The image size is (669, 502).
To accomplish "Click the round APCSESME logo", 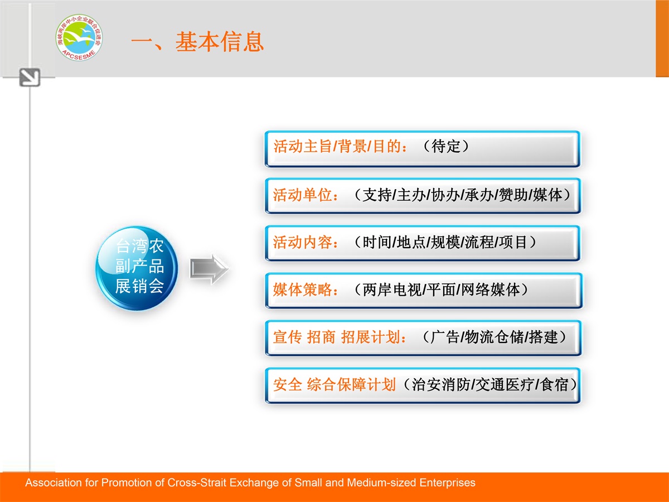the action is point(79,37).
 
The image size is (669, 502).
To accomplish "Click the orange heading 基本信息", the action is point(220,42).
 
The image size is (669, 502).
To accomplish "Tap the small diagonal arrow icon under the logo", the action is point(30,78).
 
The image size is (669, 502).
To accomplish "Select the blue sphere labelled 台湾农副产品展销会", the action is point(137,268).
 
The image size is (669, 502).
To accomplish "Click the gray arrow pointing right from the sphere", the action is point(209,269).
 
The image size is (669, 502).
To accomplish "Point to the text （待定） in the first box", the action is point(446,146).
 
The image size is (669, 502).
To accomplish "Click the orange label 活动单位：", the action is point(306,195).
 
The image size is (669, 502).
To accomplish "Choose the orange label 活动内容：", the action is point(306,243).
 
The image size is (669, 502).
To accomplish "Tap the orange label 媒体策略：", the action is point(306,289).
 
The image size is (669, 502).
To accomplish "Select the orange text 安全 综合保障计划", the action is point(334,385).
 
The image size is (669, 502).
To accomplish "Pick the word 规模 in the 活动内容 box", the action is point(445,243).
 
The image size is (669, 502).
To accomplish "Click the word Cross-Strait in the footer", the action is point(197,483).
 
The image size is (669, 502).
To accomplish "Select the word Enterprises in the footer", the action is point(448,483).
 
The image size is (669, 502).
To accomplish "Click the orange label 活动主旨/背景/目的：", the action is point(341,146).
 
